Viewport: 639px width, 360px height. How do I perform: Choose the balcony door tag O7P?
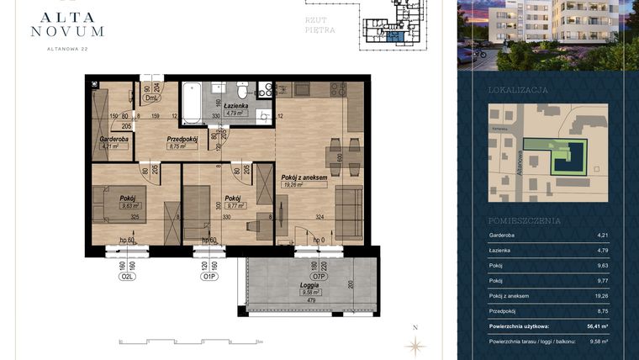pos(319,274)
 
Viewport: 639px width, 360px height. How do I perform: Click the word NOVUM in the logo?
pos(66,31)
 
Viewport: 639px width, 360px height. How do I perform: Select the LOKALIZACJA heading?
pos(518,89)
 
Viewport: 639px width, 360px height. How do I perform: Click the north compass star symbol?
pos(414,344)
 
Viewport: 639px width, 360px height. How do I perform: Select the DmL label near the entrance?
pos(152,98)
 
